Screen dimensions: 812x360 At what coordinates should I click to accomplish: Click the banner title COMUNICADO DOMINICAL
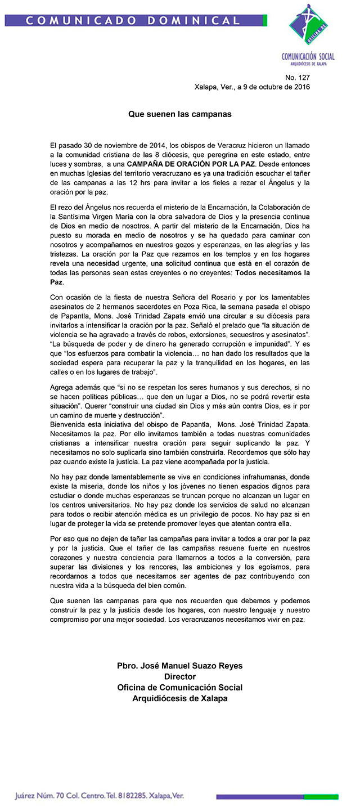[x=133, y=21]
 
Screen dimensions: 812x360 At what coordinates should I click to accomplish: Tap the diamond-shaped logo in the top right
[x=308, y=27]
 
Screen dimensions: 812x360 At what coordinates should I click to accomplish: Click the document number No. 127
[x=298, y=78]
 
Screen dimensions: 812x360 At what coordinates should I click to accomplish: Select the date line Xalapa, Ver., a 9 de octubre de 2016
[x=252, y=87]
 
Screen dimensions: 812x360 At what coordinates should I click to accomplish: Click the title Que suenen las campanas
[x=180, y=114]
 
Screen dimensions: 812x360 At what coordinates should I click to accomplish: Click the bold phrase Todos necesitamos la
[x=273, y=273]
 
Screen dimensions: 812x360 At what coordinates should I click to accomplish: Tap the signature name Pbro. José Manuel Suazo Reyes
[x=180, y=666]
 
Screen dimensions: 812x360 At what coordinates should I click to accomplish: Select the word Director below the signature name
[x=180, y=677]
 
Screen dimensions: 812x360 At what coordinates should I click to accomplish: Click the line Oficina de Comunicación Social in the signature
[x=180, y=688]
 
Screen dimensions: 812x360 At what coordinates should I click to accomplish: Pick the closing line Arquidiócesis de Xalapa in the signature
[x=180, y=698]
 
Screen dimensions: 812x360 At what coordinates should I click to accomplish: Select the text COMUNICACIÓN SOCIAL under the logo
[x=308, y=56]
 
